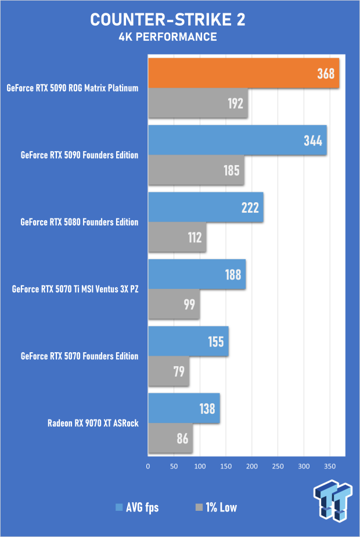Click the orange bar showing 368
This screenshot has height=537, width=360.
(x=243, y=74)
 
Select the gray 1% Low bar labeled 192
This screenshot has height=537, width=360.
(x=198, y=103)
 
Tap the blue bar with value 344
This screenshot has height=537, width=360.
(x=237, y=141)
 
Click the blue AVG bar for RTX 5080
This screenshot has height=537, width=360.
(x=206, y=207)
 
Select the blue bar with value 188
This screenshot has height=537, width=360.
(x=197, y=274)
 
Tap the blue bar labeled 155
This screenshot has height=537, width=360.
(x=188, y=341)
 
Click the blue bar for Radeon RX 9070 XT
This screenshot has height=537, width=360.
(x=183, y=408)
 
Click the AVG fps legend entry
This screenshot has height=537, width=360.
(x=138, y=507)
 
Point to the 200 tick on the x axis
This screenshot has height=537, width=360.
(x=251, y=466)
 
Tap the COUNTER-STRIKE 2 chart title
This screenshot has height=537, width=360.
(x=168, y=20)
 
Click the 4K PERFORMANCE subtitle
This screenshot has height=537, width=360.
(x=168, y=37)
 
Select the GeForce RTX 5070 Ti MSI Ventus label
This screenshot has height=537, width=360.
(x=75, y=289)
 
